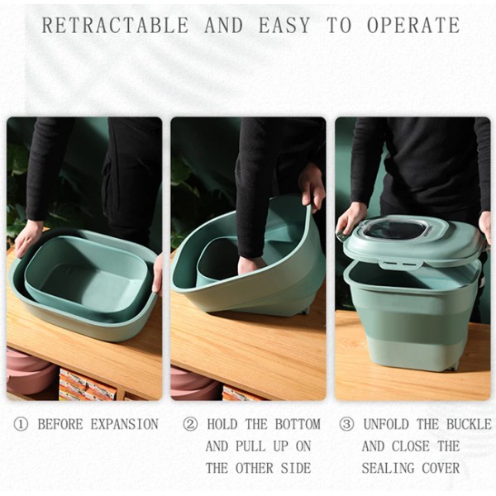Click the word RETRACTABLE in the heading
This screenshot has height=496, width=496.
click(x=115, y=26)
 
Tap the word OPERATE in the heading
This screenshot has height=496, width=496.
click(x=413, y=26)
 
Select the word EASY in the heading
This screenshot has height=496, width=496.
click(x=284, y=26)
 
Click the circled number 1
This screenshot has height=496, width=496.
click(x=21, y=425)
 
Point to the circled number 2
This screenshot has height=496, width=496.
click(x=190, y=425)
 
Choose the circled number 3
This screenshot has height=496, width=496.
click(x=346, y=425)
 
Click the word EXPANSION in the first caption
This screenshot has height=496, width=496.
click(x=124, y=425)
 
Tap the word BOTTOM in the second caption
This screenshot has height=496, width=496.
click(x=298, y=425)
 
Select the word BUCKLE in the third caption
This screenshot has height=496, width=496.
click(x=469, y=425)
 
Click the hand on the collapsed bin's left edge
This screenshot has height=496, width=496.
click(x=28, y=239)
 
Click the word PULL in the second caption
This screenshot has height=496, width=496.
click(x=250, y=446)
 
